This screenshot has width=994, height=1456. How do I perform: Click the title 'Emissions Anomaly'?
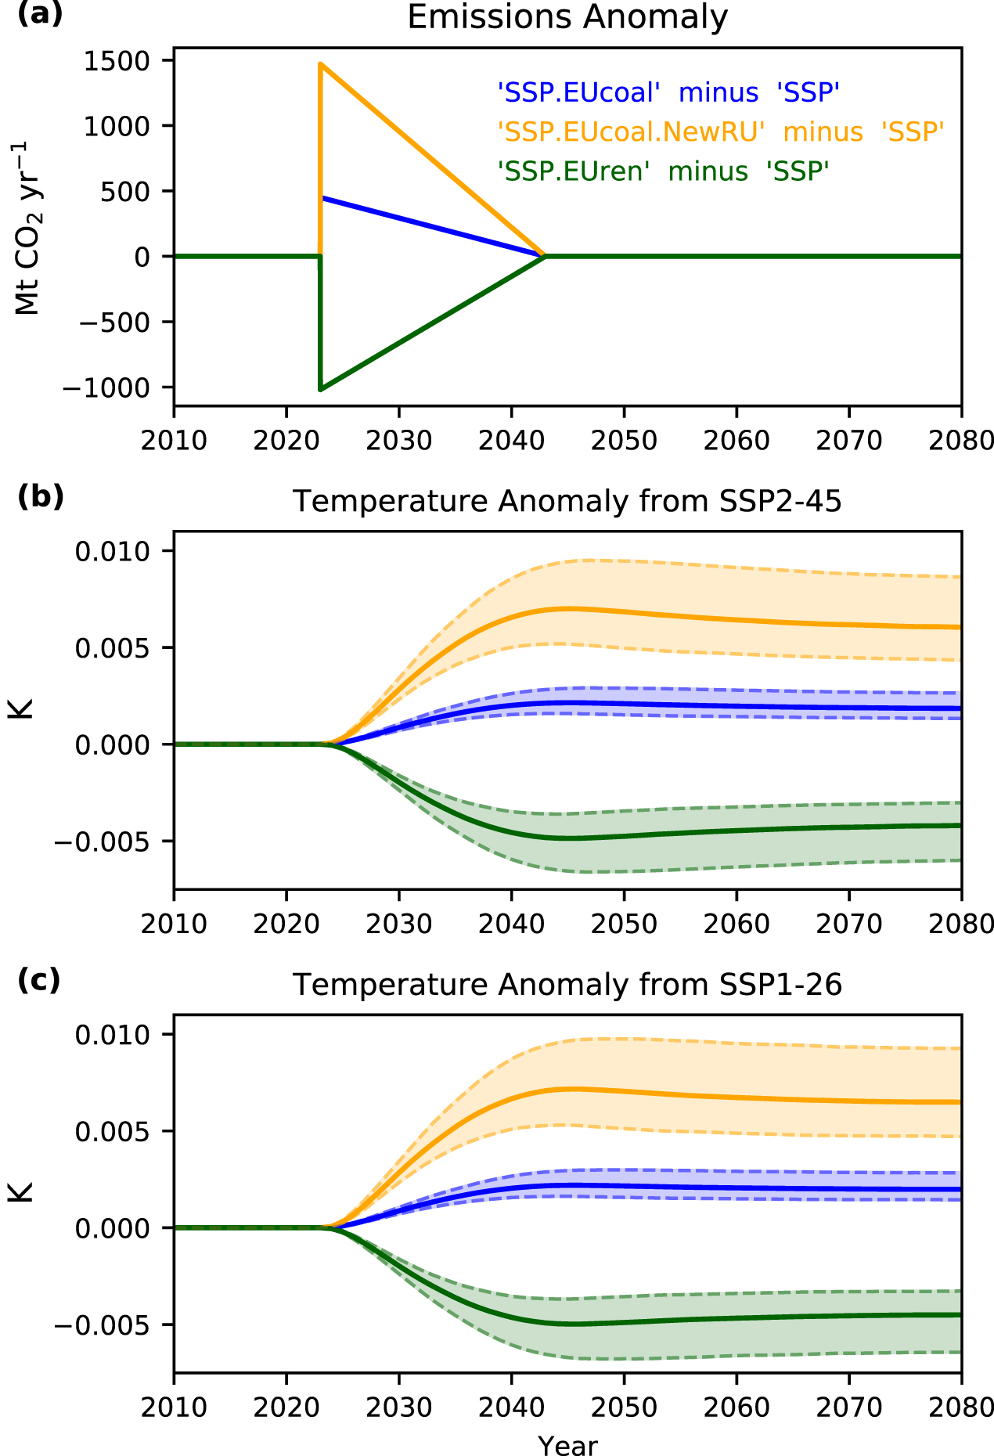coord(567,17)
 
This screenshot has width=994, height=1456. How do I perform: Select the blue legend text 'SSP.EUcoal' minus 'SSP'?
coord(668,93)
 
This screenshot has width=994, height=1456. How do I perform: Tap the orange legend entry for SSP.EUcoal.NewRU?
coord(720,132)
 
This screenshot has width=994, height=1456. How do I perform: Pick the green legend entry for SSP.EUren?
coord(663,171)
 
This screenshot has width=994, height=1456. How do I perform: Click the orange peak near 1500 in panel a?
coord(321,65)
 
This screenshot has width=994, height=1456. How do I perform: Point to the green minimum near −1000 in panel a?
coord(321,388)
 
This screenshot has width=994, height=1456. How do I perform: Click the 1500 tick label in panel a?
coord(117,61)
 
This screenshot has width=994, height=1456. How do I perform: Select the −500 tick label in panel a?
coord(111,323)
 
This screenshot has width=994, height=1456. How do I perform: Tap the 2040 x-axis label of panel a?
coord(511,441)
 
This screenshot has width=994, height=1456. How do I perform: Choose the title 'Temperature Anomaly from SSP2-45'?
coord(567,501)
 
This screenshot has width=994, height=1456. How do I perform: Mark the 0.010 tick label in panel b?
coord(112,552)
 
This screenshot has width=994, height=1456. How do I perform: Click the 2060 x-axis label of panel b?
coord(736,924)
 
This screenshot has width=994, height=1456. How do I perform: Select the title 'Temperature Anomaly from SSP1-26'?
coord(567,985)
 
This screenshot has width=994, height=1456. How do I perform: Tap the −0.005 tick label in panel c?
coord(102,1325)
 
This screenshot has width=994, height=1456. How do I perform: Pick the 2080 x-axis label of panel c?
coord(961,1408)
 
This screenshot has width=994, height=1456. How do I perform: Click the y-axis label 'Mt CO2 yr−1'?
coord(28,229)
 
